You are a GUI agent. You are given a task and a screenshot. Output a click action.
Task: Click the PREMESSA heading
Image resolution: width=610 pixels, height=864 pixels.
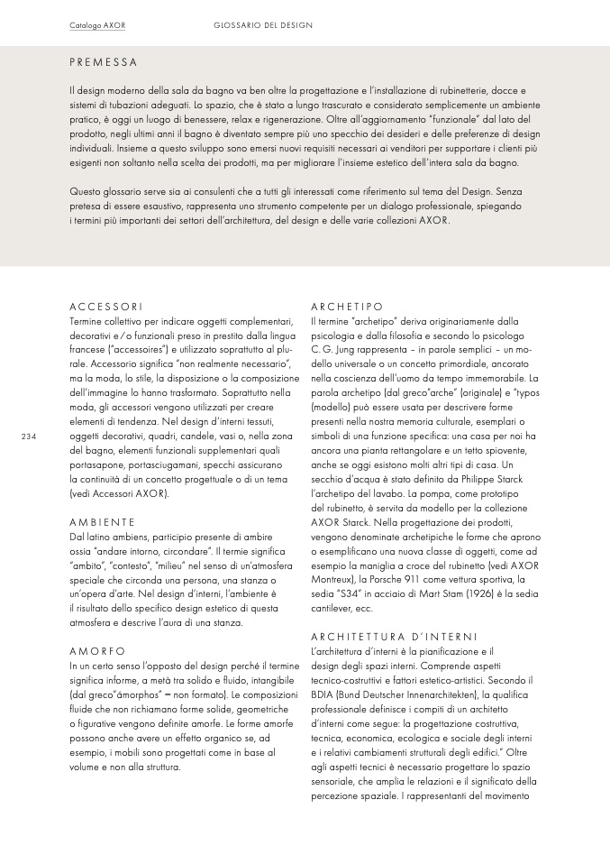103,62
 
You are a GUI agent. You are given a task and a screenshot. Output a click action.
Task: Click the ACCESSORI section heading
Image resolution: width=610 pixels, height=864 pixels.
105,307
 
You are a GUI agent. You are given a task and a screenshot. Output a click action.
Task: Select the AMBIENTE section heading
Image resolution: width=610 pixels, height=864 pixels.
102,521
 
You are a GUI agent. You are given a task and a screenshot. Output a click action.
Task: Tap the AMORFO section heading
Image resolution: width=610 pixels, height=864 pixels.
98,649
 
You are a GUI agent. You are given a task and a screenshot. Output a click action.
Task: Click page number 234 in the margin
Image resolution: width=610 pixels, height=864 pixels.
28,437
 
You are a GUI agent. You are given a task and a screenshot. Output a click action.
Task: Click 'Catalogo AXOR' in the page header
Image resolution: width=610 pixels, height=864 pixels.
97,25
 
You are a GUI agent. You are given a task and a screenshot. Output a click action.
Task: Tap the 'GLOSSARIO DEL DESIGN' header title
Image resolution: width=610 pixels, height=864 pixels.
263,25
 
